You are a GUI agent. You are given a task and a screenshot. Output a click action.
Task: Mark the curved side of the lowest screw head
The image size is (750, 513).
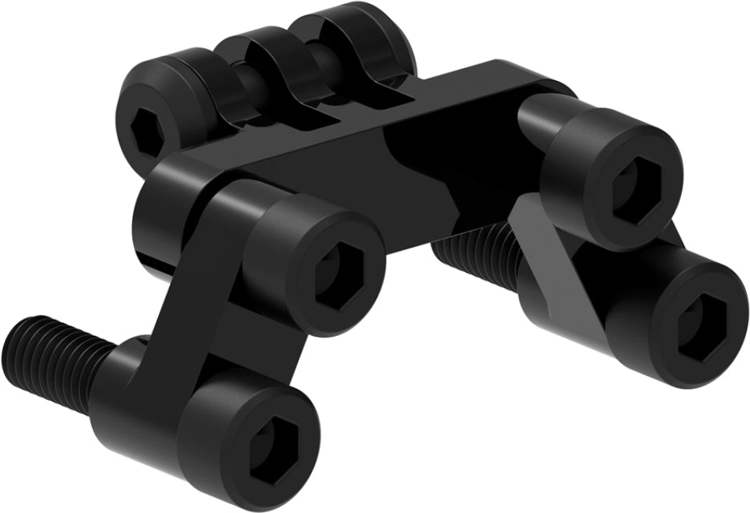200,425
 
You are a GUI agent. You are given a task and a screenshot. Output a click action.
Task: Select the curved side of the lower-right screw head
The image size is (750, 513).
633,321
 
